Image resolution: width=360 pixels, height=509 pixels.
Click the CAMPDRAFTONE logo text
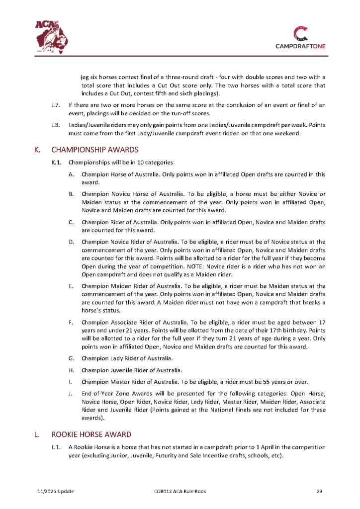tap(301, 46)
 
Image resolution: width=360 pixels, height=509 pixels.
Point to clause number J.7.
tap(56, 105)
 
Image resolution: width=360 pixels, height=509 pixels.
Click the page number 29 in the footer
tap(320, 492)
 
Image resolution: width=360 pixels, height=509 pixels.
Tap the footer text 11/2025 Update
tap(56, 492)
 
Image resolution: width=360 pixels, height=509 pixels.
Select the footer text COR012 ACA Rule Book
tap(180, 492)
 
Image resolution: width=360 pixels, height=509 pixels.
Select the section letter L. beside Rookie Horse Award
tap(37, 434)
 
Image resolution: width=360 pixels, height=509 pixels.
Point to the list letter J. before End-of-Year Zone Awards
tap(72, 394)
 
